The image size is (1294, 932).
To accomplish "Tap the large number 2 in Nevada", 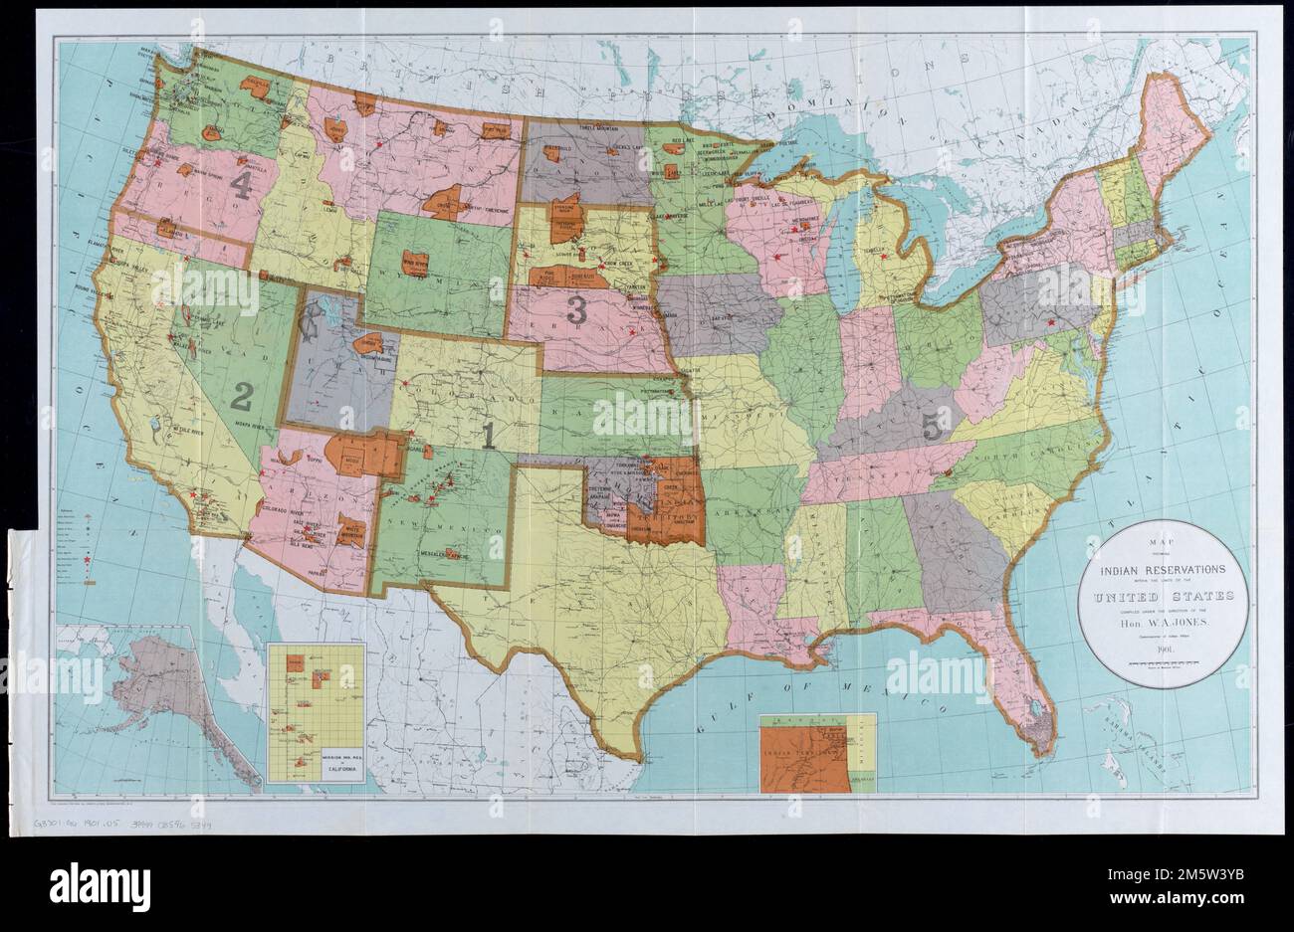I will point(240,397).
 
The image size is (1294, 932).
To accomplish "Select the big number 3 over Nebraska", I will point(575,308).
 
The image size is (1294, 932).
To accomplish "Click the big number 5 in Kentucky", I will point(932,427).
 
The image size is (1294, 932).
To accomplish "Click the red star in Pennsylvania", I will point(1052,322).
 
